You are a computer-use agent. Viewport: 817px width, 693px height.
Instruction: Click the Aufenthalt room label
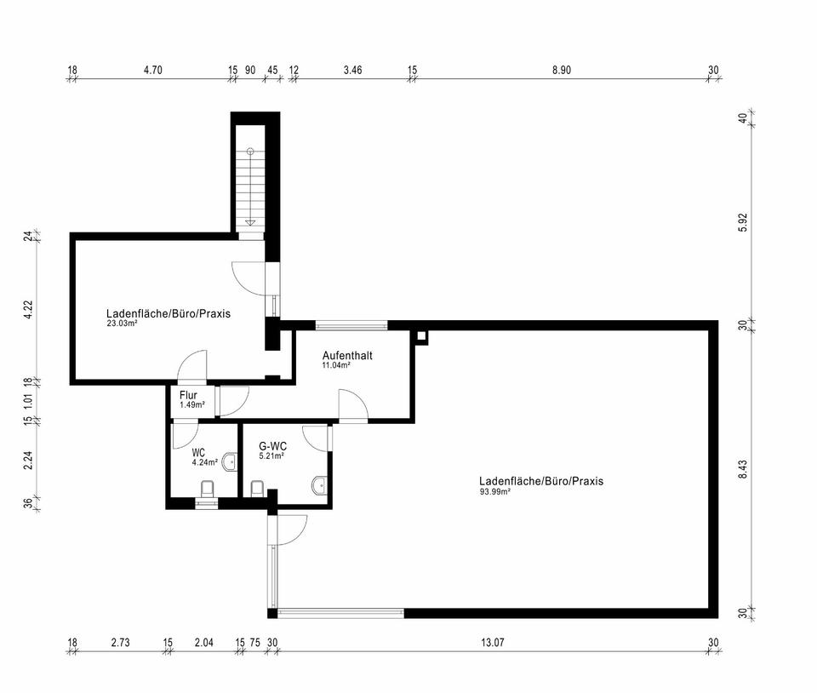point(347,355)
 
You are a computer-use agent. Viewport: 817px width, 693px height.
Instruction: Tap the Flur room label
point(188,395)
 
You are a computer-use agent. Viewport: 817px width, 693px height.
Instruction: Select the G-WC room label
point(272,447)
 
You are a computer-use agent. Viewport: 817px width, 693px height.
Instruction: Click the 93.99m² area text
point(494,491)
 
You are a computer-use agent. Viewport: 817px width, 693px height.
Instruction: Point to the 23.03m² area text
point(122,323)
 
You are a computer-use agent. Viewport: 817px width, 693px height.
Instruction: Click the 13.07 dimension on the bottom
point(493,643)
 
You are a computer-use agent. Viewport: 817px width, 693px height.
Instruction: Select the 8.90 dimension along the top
point(562,70)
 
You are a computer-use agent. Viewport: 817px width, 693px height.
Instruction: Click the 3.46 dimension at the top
point(352,70)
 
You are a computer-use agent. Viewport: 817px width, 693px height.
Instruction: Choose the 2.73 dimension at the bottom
point(120,643)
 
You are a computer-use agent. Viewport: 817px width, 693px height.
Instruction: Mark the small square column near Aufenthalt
point(422,336)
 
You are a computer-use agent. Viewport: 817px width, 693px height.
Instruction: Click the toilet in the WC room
point(207,490)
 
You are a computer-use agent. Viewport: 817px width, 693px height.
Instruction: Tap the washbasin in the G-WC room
point(319,485)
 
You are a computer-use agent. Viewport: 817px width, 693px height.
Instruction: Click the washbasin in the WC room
point(230,461)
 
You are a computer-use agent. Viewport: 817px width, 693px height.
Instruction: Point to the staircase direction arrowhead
point(250,222)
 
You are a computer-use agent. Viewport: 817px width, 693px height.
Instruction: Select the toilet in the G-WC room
point(257,489)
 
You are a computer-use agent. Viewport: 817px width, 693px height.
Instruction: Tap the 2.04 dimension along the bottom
point(203,643)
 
